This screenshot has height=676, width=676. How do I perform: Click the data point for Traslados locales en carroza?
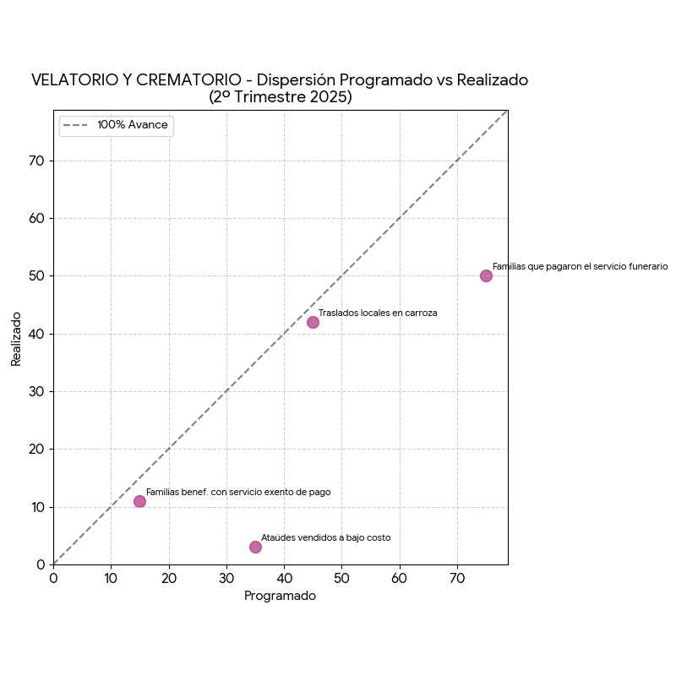point(313,322)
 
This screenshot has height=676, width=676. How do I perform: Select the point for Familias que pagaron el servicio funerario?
point(486,275)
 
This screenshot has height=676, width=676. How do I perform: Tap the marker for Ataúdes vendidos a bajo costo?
point(255,547)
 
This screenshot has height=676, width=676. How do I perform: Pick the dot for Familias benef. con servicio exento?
point(139,501)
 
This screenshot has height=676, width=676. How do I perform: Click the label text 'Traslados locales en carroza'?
point(378,313)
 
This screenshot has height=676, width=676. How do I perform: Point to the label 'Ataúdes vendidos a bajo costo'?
point(325,537)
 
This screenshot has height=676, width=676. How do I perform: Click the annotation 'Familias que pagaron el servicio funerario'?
point(580,266)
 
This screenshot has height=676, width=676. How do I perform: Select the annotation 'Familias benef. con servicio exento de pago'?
point(238,492)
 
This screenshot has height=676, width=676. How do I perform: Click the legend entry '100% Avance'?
point(132,125)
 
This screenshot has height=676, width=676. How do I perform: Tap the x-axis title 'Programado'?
point(280,596)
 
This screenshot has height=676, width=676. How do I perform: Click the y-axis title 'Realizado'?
point(16,338)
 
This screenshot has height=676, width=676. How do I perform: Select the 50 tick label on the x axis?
point(341,579)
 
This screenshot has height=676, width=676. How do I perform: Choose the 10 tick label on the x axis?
point(111,579)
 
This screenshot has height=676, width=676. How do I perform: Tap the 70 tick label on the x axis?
point(457,579)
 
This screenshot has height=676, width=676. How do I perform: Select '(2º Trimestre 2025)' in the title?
point(280,97)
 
